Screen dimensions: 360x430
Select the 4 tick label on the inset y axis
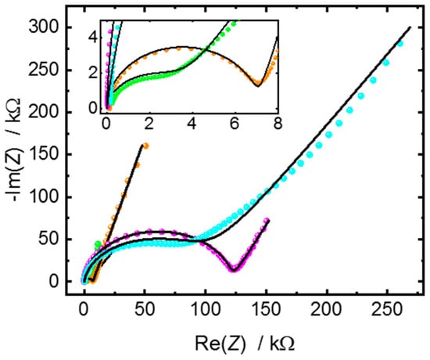(92, 35)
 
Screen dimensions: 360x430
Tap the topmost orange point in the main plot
(145, 146)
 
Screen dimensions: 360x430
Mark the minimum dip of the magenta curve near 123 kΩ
(233, 270)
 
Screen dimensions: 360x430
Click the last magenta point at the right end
(267, 221)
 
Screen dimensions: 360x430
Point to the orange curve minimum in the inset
(257, 86)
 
